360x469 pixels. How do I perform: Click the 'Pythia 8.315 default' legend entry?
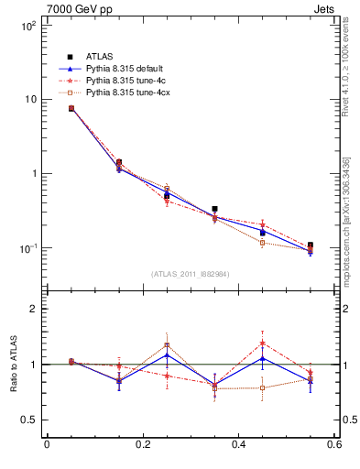point(109,69)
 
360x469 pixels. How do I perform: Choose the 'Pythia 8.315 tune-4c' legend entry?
point(109,81)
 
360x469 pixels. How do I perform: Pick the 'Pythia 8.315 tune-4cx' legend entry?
point(111,93)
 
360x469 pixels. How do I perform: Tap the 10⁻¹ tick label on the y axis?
point(27,247)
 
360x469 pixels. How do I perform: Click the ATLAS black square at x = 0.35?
point(214,209)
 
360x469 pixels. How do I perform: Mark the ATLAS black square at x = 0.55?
point(311,245)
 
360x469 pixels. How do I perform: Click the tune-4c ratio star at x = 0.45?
point(262,344)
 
